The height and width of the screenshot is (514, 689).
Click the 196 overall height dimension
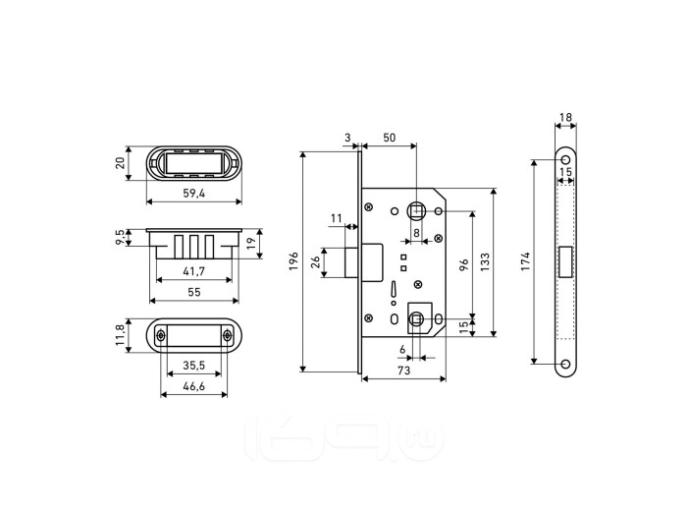tap(294, 261)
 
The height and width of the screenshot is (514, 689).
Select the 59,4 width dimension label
tap(194, 194)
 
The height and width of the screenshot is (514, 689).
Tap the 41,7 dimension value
tap(193, 271)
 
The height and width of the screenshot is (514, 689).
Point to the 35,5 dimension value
tap(194, 366)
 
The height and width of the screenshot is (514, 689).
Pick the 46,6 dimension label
tap(194, 386)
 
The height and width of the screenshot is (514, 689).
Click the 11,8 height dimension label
tap(121, 334)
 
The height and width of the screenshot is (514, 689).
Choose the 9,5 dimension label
tap(121, 237)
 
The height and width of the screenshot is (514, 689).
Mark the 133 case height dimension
tap(485, 261)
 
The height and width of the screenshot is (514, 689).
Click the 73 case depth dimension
tap(403, 371)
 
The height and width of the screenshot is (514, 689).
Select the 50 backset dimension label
tap(390, 138)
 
